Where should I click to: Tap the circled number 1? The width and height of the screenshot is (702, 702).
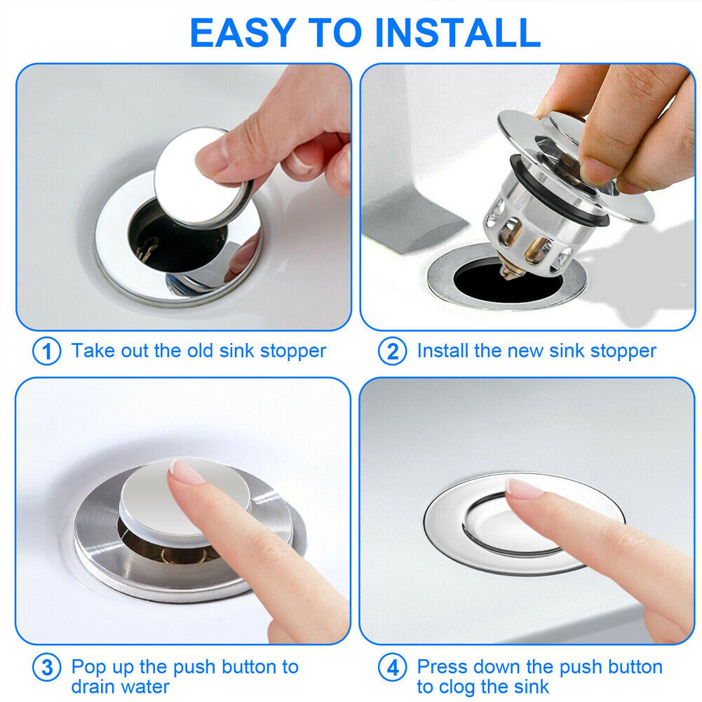point(47,351)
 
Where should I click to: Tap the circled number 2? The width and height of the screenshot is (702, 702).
point(392,351)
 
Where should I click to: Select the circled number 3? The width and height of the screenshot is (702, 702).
point(47,668)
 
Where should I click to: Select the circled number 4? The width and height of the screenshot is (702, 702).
point(392,668)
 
